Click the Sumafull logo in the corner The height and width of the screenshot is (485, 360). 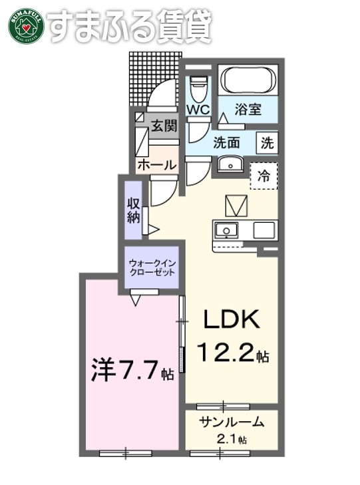click(x=26, y=25)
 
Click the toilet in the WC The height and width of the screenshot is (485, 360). click(x=199, y=86)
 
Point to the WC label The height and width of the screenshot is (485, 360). click(x=199, y=109)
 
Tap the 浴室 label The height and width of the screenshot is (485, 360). click(x=248, y=110)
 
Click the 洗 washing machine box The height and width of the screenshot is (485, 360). click(x=267, y=142)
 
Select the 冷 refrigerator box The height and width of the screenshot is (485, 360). click(x=264, y=176)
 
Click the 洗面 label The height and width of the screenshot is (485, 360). click(x=226, y=142)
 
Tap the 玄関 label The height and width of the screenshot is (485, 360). click(x=163, y=126)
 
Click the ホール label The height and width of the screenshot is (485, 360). click(x=156, y=164)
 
